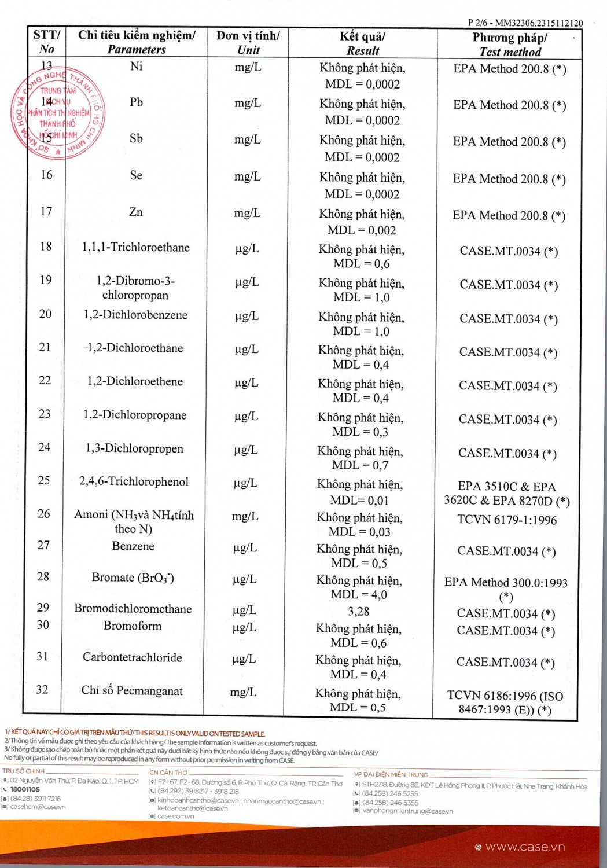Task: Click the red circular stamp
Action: [x=58, y=114]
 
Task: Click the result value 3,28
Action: [x=359, y=612]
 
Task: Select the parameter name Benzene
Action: [x=133, y=546]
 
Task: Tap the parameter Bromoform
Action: [x=133, y=626]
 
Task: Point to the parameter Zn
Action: [x=136, y=212]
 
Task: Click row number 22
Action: [x=45, y=380]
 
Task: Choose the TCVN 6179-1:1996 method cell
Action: [x=507, y=520]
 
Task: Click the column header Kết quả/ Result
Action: [x=363, y=43]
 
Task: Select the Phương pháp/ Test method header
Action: [x=510, y=45]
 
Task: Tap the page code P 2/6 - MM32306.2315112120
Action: [x=525, y=23]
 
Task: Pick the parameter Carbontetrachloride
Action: [x=133, y=657]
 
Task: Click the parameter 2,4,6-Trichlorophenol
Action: [x=134, y=481]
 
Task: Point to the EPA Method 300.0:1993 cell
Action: [x=506, y=583]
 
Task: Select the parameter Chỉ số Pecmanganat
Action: [x=132, y=690]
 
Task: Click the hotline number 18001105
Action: [x=25, y=789]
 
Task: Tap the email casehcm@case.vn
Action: [x=38, y=807]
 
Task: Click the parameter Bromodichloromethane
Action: [x=133, y=609]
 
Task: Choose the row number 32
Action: [x=42, y=689]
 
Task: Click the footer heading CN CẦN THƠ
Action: [x=168, y=772]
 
